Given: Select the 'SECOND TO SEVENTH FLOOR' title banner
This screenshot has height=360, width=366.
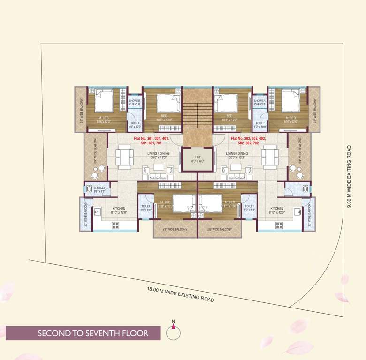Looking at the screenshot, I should tap(93, 333).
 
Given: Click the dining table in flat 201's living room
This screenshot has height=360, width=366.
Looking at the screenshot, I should tap(124, 157).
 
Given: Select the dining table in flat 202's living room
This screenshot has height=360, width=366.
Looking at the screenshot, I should tap(270, 157).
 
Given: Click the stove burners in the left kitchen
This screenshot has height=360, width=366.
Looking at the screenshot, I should tap(115, 225).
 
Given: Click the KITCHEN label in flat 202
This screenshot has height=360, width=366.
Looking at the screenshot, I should tap(276, 210).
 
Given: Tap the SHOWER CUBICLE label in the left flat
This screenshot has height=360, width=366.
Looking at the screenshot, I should tap(134, 102).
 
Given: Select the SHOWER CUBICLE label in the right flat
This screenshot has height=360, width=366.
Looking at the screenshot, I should tap(259, 102).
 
